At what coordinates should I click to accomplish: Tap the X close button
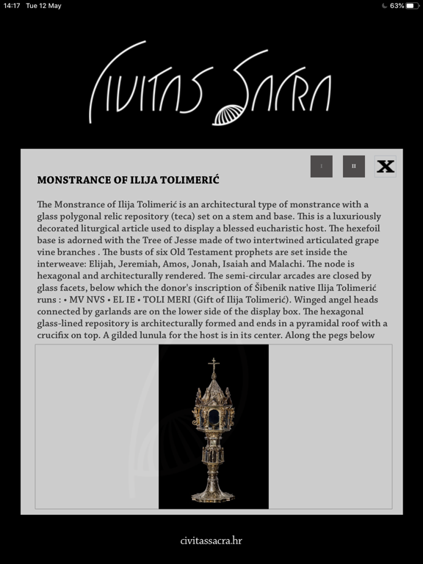(x=386, y=166)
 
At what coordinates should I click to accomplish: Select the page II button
(x=354, y=166)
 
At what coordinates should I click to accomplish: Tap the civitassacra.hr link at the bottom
(x=211, y=540)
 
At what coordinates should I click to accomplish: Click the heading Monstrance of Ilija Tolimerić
(x=128, y=180)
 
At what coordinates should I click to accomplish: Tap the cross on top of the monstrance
(x=213, y=365)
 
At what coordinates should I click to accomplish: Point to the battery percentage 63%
(x=397, y=6)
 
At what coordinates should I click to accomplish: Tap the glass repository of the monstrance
(x=213, y=419)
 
